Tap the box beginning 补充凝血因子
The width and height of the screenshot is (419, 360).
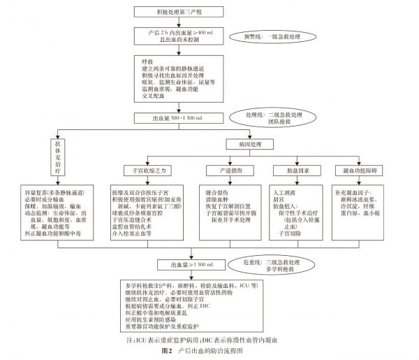tap(359, 203)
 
